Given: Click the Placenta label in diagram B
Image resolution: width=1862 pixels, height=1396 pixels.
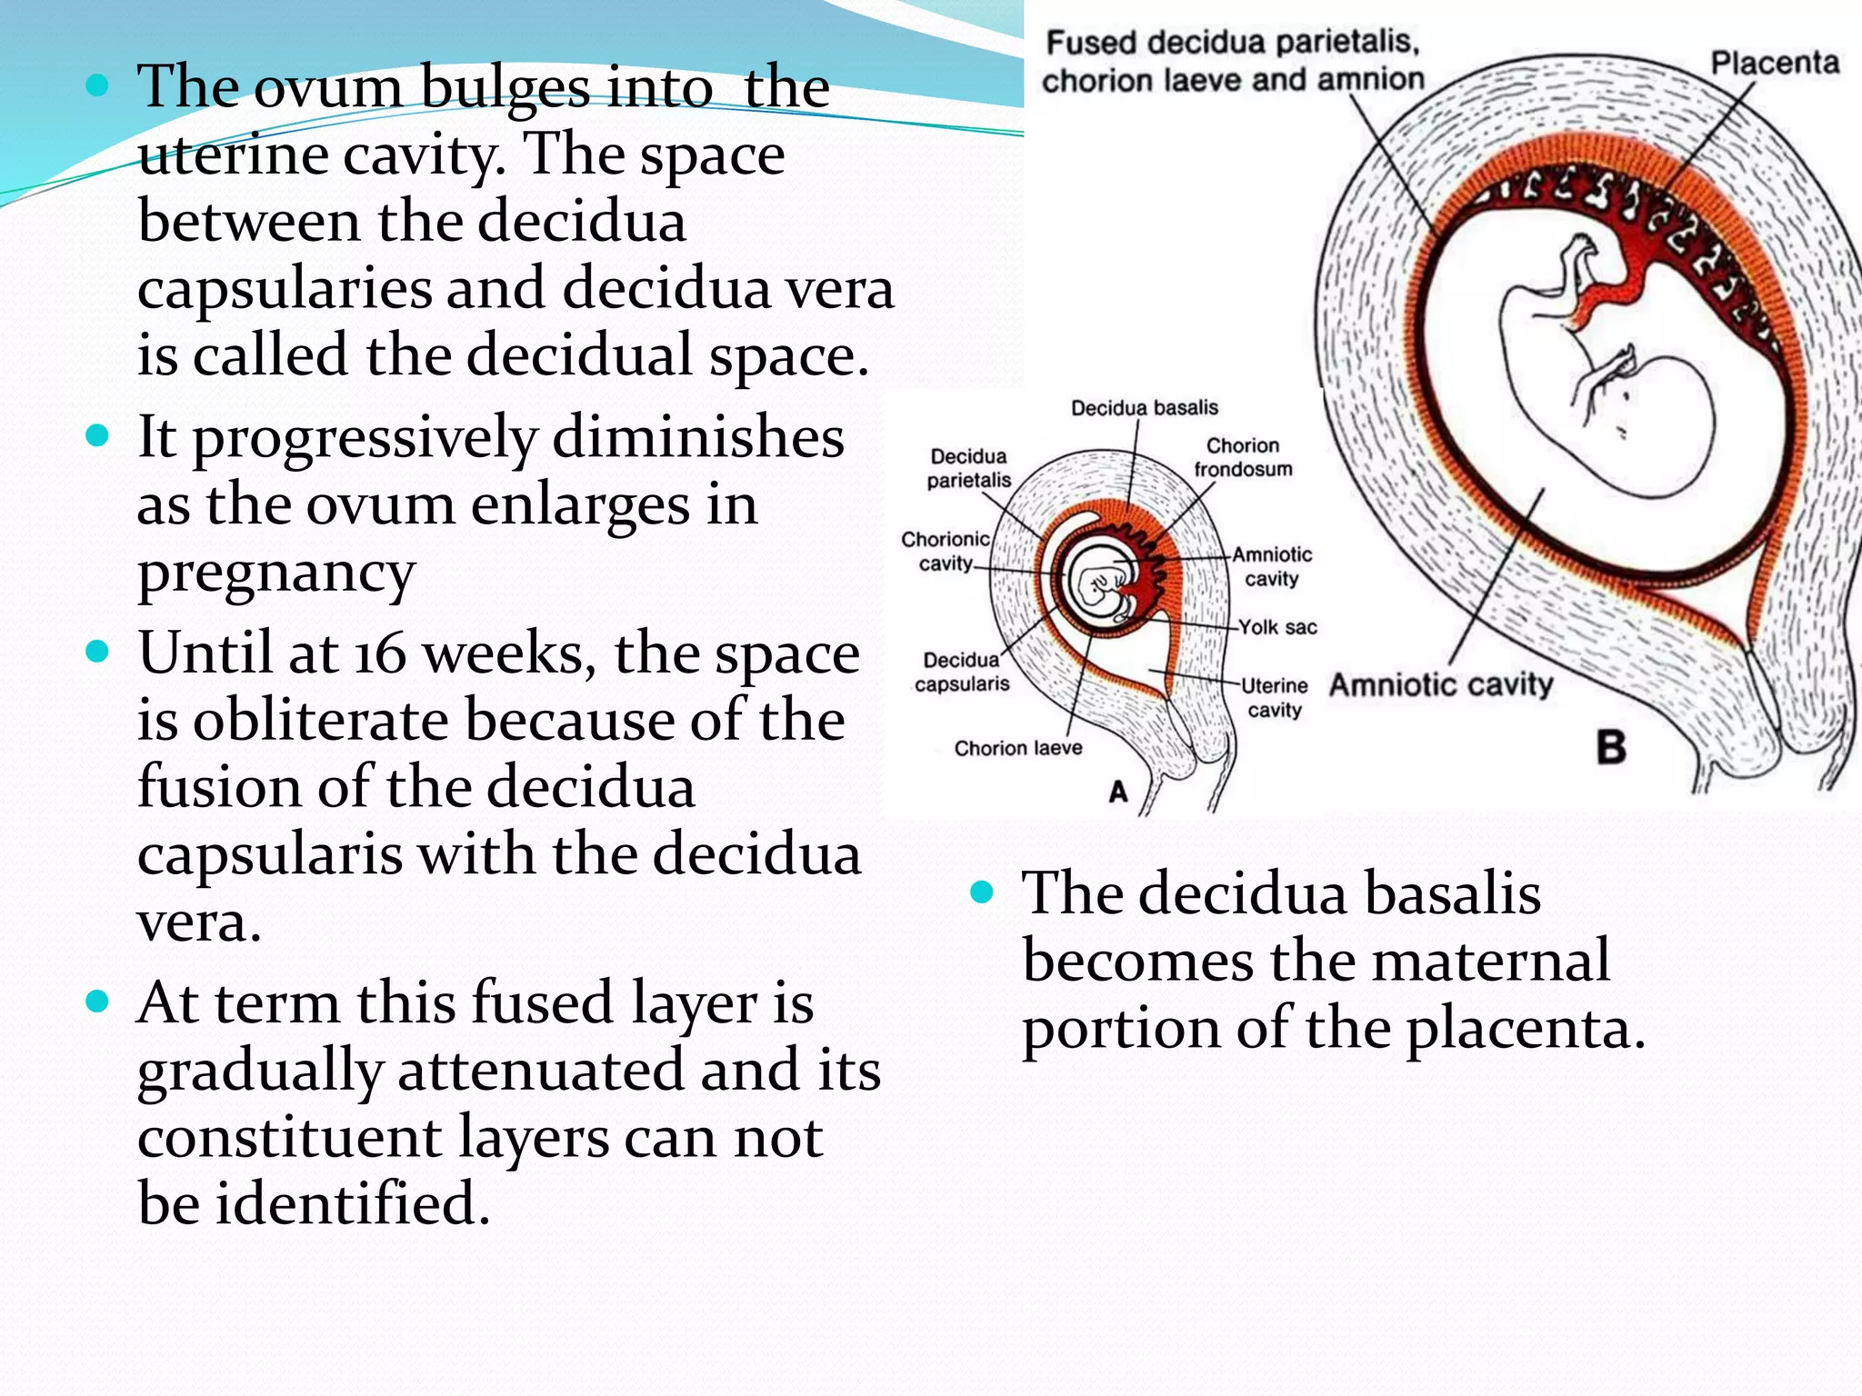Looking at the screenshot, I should [1774, 63].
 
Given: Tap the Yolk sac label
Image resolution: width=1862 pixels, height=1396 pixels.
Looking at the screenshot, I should [1277, 627].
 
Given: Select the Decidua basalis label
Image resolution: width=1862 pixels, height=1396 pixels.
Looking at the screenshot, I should [1144, 408].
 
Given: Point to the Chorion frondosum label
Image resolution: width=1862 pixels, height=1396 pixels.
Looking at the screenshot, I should [1242, 457].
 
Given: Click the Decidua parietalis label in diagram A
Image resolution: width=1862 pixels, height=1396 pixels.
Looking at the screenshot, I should [968, 468].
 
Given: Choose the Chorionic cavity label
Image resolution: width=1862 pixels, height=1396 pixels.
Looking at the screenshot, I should [945, 551].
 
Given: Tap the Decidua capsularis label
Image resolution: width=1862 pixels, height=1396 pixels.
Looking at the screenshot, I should [961, 672].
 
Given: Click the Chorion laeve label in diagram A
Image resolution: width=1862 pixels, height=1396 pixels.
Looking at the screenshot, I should [1017, 748].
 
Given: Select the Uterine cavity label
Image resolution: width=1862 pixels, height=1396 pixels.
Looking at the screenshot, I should [1274, 697].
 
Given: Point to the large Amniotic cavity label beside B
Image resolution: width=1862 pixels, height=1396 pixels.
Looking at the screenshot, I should [1441, 684].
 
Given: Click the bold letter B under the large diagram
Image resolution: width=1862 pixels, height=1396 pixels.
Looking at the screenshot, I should [1611, 748].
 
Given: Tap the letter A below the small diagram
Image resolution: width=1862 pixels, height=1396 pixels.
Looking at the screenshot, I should [1117, 792].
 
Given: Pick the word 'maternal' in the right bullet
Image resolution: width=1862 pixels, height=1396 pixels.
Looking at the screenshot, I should [1490, 961].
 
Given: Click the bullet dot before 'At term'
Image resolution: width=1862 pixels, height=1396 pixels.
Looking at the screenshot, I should [96, 1002].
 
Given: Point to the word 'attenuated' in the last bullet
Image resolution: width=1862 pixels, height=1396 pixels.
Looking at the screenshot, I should [540, 1071].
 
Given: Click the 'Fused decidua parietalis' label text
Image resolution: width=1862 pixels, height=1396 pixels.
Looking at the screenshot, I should [1233, 43].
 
